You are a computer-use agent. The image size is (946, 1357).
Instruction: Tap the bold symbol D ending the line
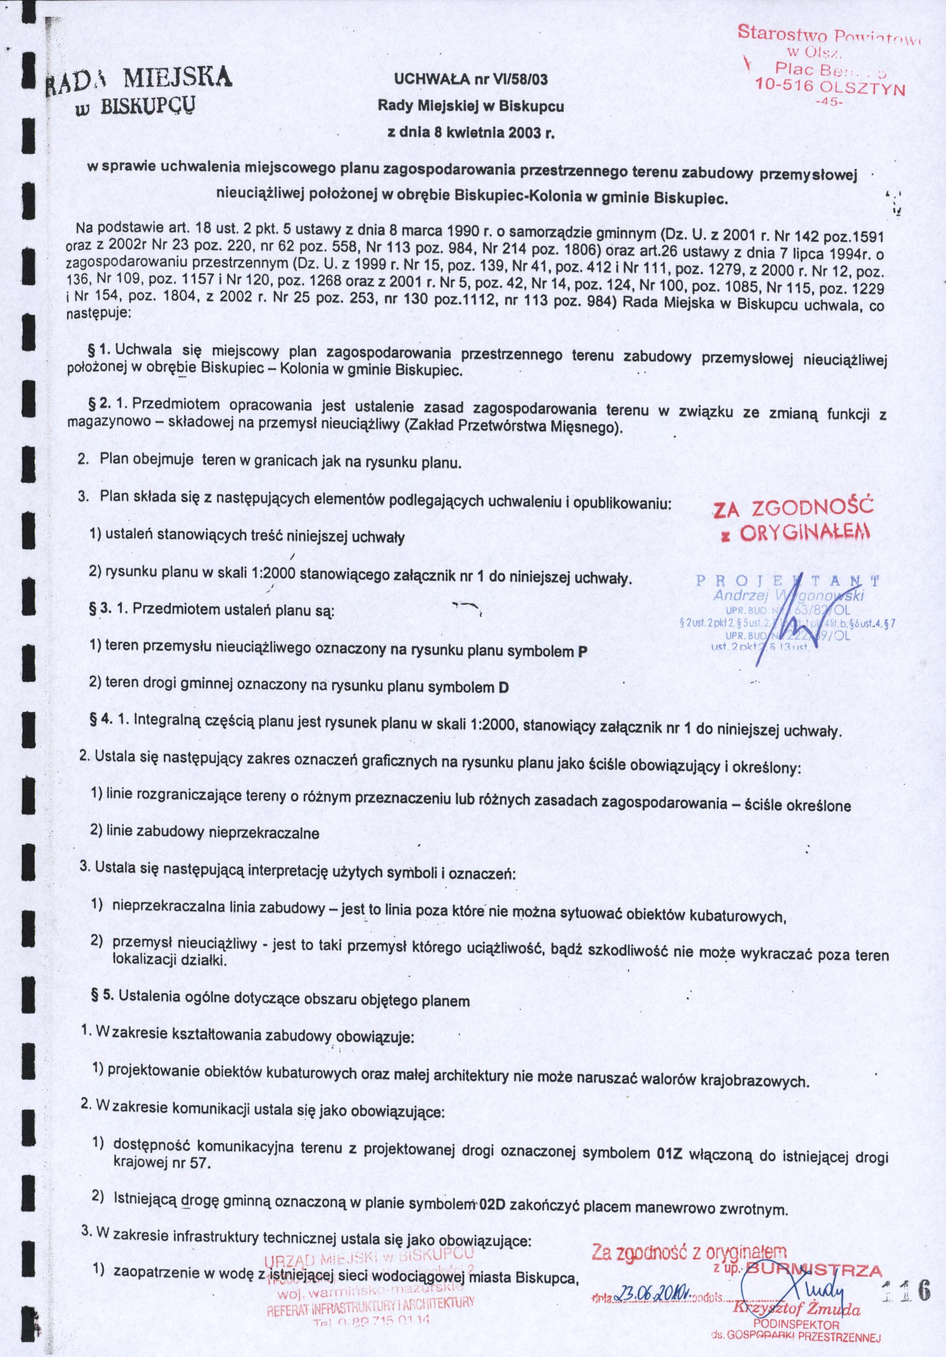(x=504, y=688)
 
